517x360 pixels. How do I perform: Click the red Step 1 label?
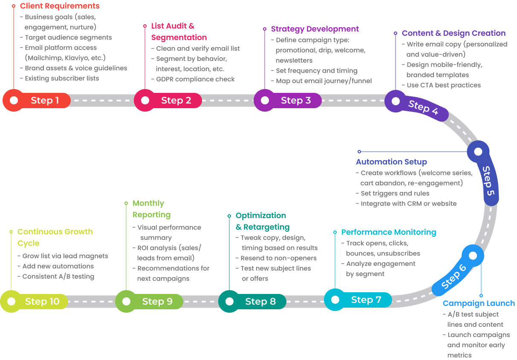click(45, 101)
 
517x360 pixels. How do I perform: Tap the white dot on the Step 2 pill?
click(145, 100)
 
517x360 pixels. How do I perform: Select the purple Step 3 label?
click(295, 101)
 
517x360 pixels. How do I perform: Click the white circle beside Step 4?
click(396, 101)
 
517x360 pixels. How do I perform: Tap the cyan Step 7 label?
click(366, 300)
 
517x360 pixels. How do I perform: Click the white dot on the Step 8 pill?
click(229, 302)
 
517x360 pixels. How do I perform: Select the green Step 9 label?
click(157, 302)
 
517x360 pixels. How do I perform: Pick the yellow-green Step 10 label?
click(42, 302)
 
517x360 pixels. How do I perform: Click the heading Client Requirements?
click(60, 6)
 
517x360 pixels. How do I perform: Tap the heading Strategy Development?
click(315, 29)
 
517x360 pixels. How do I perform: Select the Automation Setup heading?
click(391, 162)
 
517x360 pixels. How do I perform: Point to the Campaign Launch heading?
click(479, 303)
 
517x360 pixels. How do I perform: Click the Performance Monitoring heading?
click(389, 232)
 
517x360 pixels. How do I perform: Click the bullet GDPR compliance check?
click(195, 79)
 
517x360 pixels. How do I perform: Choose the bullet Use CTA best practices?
click(443, 85)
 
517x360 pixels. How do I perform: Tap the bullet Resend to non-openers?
click(278, 258)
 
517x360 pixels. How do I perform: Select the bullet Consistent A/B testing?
click(58, 276)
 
